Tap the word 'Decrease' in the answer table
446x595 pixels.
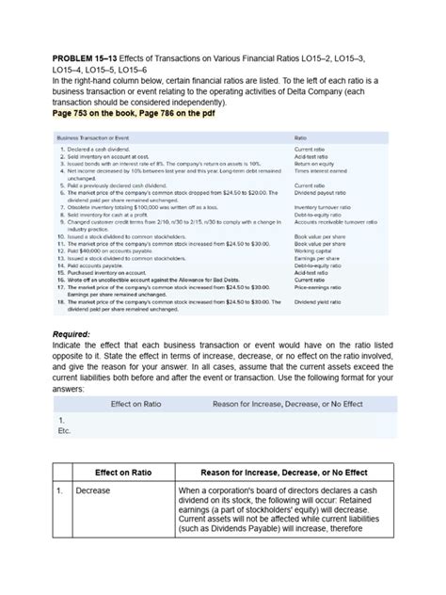click(94, 491)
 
